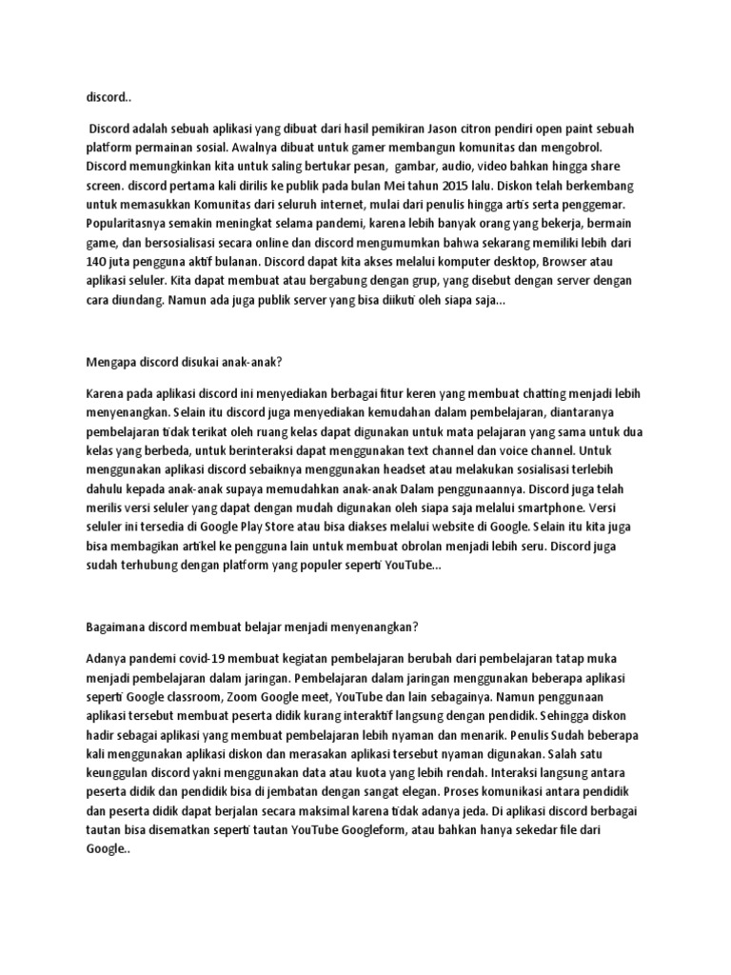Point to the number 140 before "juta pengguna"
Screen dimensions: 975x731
pos(99,261)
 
